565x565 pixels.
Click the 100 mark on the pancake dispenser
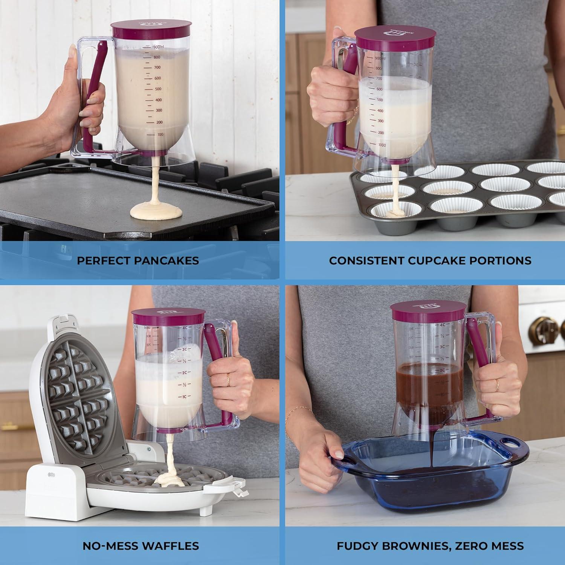click(160, 134)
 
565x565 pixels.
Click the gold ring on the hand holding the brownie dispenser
click(497, 385)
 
